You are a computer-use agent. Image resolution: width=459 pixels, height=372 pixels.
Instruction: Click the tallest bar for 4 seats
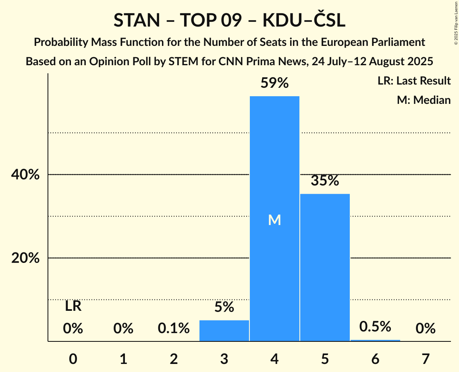[x=274, y=219]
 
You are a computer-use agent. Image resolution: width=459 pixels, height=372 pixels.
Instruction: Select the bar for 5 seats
[x=325, y=267]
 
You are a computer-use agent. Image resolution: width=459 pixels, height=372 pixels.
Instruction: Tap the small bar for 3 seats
[x=224, y=331]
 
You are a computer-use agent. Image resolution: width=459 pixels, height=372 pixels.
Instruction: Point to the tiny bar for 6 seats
[x=375, y=341]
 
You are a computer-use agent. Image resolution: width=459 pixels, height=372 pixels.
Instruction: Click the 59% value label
[x=274, y=83]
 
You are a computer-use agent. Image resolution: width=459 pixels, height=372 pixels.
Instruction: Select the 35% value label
[x=325, y=181]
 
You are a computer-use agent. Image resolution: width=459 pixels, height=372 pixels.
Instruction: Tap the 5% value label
[x=224, y=307]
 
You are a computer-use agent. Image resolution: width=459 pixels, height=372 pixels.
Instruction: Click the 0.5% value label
[x=375, y=327]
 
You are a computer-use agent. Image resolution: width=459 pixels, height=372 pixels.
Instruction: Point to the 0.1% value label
[x=174, y=329]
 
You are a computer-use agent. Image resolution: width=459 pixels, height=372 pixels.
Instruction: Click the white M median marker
[x=274, y=220]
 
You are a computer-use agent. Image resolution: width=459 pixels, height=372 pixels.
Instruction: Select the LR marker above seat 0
[x=73, y=306]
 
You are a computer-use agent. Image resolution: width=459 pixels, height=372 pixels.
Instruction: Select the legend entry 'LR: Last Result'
[x=414, y=81]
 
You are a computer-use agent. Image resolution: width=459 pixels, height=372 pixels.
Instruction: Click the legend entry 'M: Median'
[x=424, y=100]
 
